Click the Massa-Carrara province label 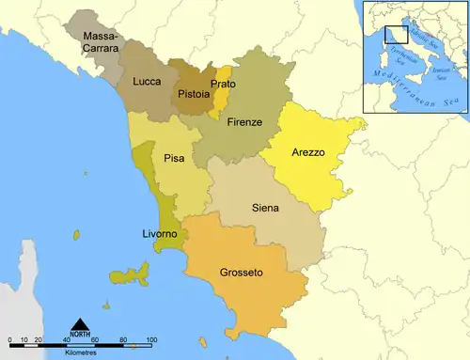click(101, 42)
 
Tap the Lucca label click(147, 82)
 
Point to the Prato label click(223, 84)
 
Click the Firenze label click(244, 122)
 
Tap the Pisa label click(174, 158)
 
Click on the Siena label click(265, 208)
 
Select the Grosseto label click(241, 273)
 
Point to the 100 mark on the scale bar click(150, 338)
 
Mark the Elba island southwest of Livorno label click(131, 275)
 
